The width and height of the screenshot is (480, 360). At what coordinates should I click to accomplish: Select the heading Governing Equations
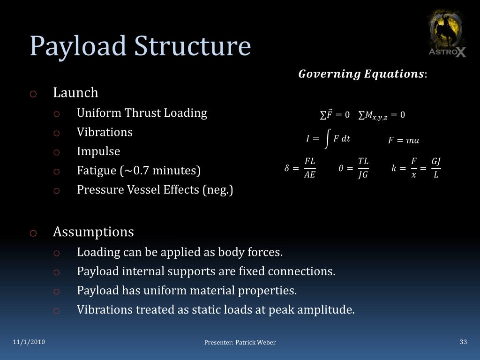(362, 74)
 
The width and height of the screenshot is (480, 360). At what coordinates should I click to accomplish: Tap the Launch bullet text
(75, 93)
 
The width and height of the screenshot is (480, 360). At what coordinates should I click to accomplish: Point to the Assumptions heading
(93, 232)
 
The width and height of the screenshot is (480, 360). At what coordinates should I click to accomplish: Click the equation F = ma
(404, 141)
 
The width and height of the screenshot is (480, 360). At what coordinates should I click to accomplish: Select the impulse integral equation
(328, 139)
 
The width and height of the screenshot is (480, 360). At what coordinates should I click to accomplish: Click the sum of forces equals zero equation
(335, 115)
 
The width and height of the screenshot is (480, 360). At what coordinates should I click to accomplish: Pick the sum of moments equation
(382, 115)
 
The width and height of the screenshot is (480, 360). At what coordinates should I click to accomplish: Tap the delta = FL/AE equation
(300, 168)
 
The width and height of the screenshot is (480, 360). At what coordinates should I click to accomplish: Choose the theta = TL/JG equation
(353, 168)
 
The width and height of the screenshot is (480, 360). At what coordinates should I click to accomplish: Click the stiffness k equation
(416, 168)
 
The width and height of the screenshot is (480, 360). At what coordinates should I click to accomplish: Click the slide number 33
(463, 342)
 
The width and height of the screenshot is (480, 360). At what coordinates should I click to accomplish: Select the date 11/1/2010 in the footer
(29, 342)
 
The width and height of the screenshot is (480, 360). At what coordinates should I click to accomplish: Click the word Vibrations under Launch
(105, 132)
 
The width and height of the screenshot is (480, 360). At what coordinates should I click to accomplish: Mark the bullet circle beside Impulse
(56, 152)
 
